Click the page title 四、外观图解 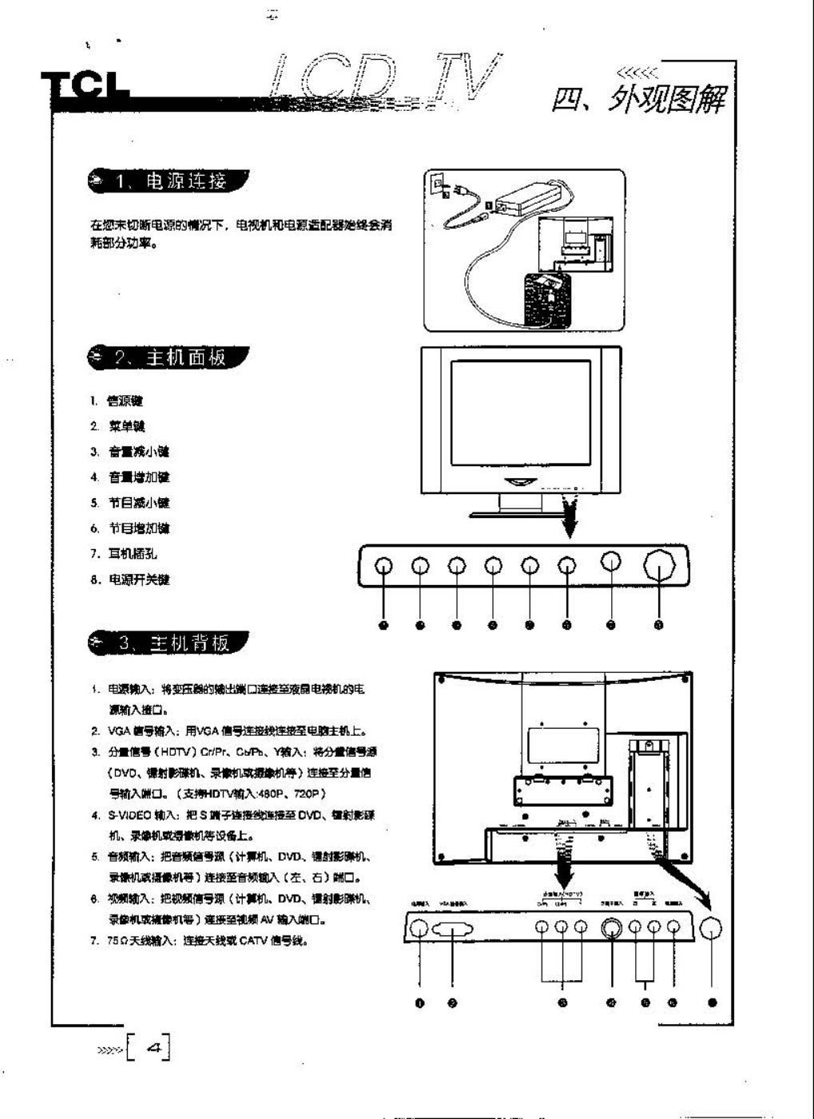point(639,101)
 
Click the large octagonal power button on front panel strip point(659,565)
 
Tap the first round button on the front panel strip point(384,565)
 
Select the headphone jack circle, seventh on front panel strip point(611,563)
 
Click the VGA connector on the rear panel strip point(453,930)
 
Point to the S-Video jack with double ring point(613,928)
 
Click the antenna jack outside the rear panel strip point(711,928)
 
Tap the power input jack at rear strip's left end point(419,929)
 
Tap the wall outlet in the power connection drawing point(437,185)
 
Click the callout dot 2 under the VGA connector point(453,1002)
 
